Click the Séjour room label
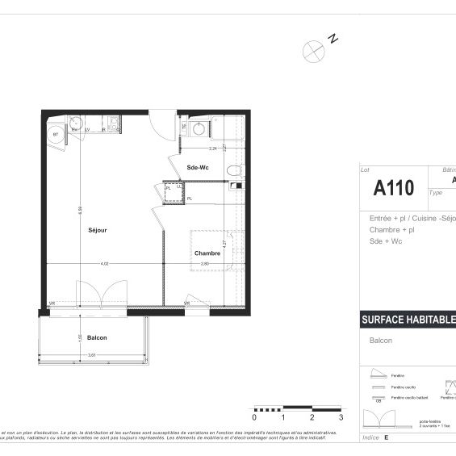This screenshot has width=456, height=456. coord(98,230)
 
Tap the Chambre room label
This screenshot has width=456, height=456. coord(207,253)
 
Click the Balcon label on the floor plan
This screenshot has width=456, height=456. coord(97,337)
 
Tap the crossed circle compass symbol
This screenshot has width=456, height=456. coord(312,50)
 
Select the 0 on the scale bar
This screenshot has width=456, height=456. coord(254,418)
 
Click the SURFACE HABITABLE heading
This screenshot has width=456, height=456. coord(408,320)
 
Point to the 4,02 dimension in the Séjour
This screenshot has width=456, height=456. coord(104,262)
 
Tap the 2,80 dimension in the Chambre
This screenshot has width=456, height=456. coord(205,262)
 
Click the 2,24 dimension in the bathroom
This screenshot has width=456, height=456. coord(213,149)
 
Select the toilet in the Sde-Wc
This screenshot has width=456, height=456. coord(233,169)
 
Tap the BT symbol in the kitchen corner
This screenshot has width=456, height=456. coord(56,135)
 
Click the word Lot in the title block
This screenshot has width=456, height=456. coord(365,170)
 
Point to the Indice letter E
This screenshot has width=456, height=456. coord(386,437)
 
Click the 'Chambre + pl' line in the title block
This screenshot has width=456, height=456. coord(387,229)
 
